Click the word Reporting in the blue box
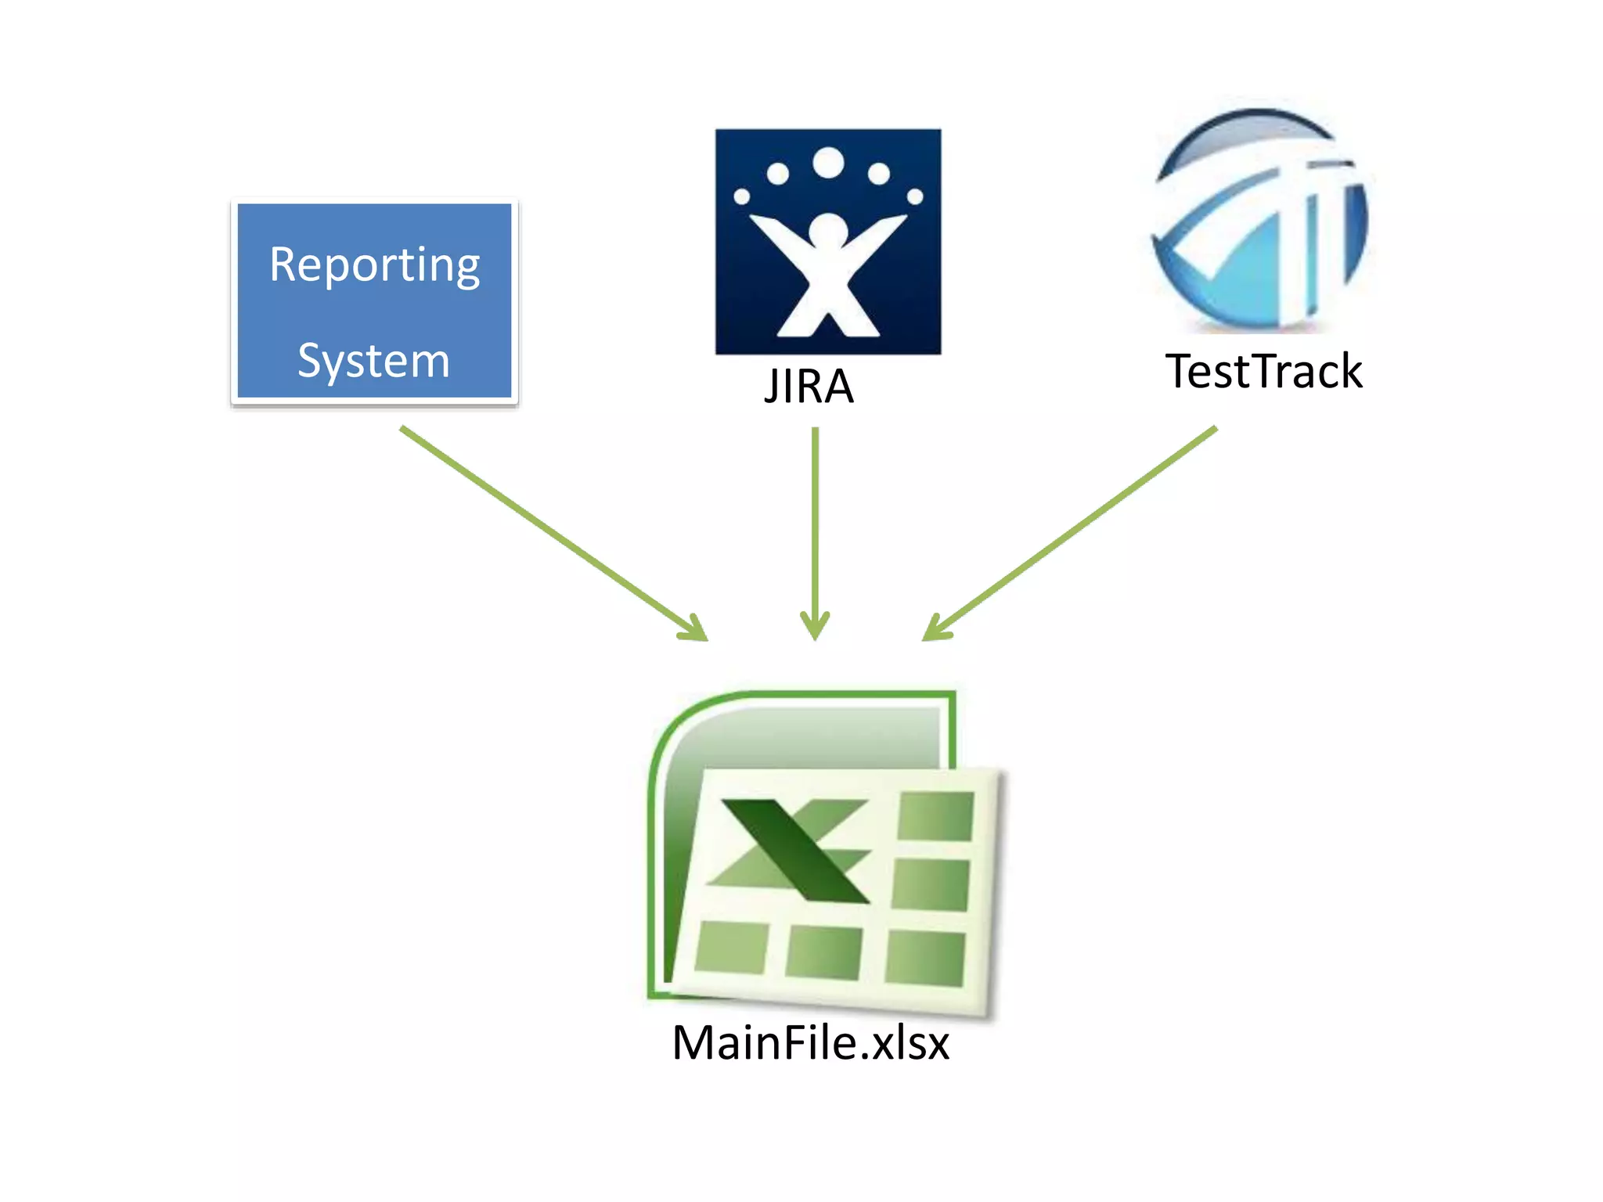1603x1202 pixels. click(374, 266)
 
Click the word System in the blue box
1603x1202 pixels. click(374, 362)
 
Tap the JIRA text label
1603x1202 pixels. click(809, 387)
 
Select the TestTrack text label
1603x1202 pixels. click(1263, 371)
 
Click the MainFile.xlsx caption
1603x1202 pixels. click(811, 1043)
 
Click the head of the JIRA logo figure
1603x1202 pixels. click(828, 231)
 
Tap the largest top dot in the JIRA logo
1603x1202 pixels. click(828, 163)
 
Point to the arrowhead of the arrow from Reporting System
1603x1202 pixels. click(696, 631)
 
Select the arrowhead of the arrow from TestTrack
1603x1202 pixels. click(935, 631)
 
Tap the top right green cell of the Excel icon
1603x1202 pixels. click(935, 815)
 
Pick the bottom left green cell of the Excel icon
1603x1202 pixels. click(731, 947)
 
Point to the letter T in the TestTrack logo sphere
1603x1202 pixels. click(1323, 227)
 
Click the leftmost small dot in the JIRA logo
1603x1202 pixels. click(741, 196)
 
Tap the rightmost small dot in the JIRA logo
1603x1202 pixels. click(915, 196)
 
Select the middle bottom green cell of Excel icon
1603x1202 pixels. click(823, 952)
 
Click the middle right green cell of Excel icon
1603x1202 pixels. click(931, 884)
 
